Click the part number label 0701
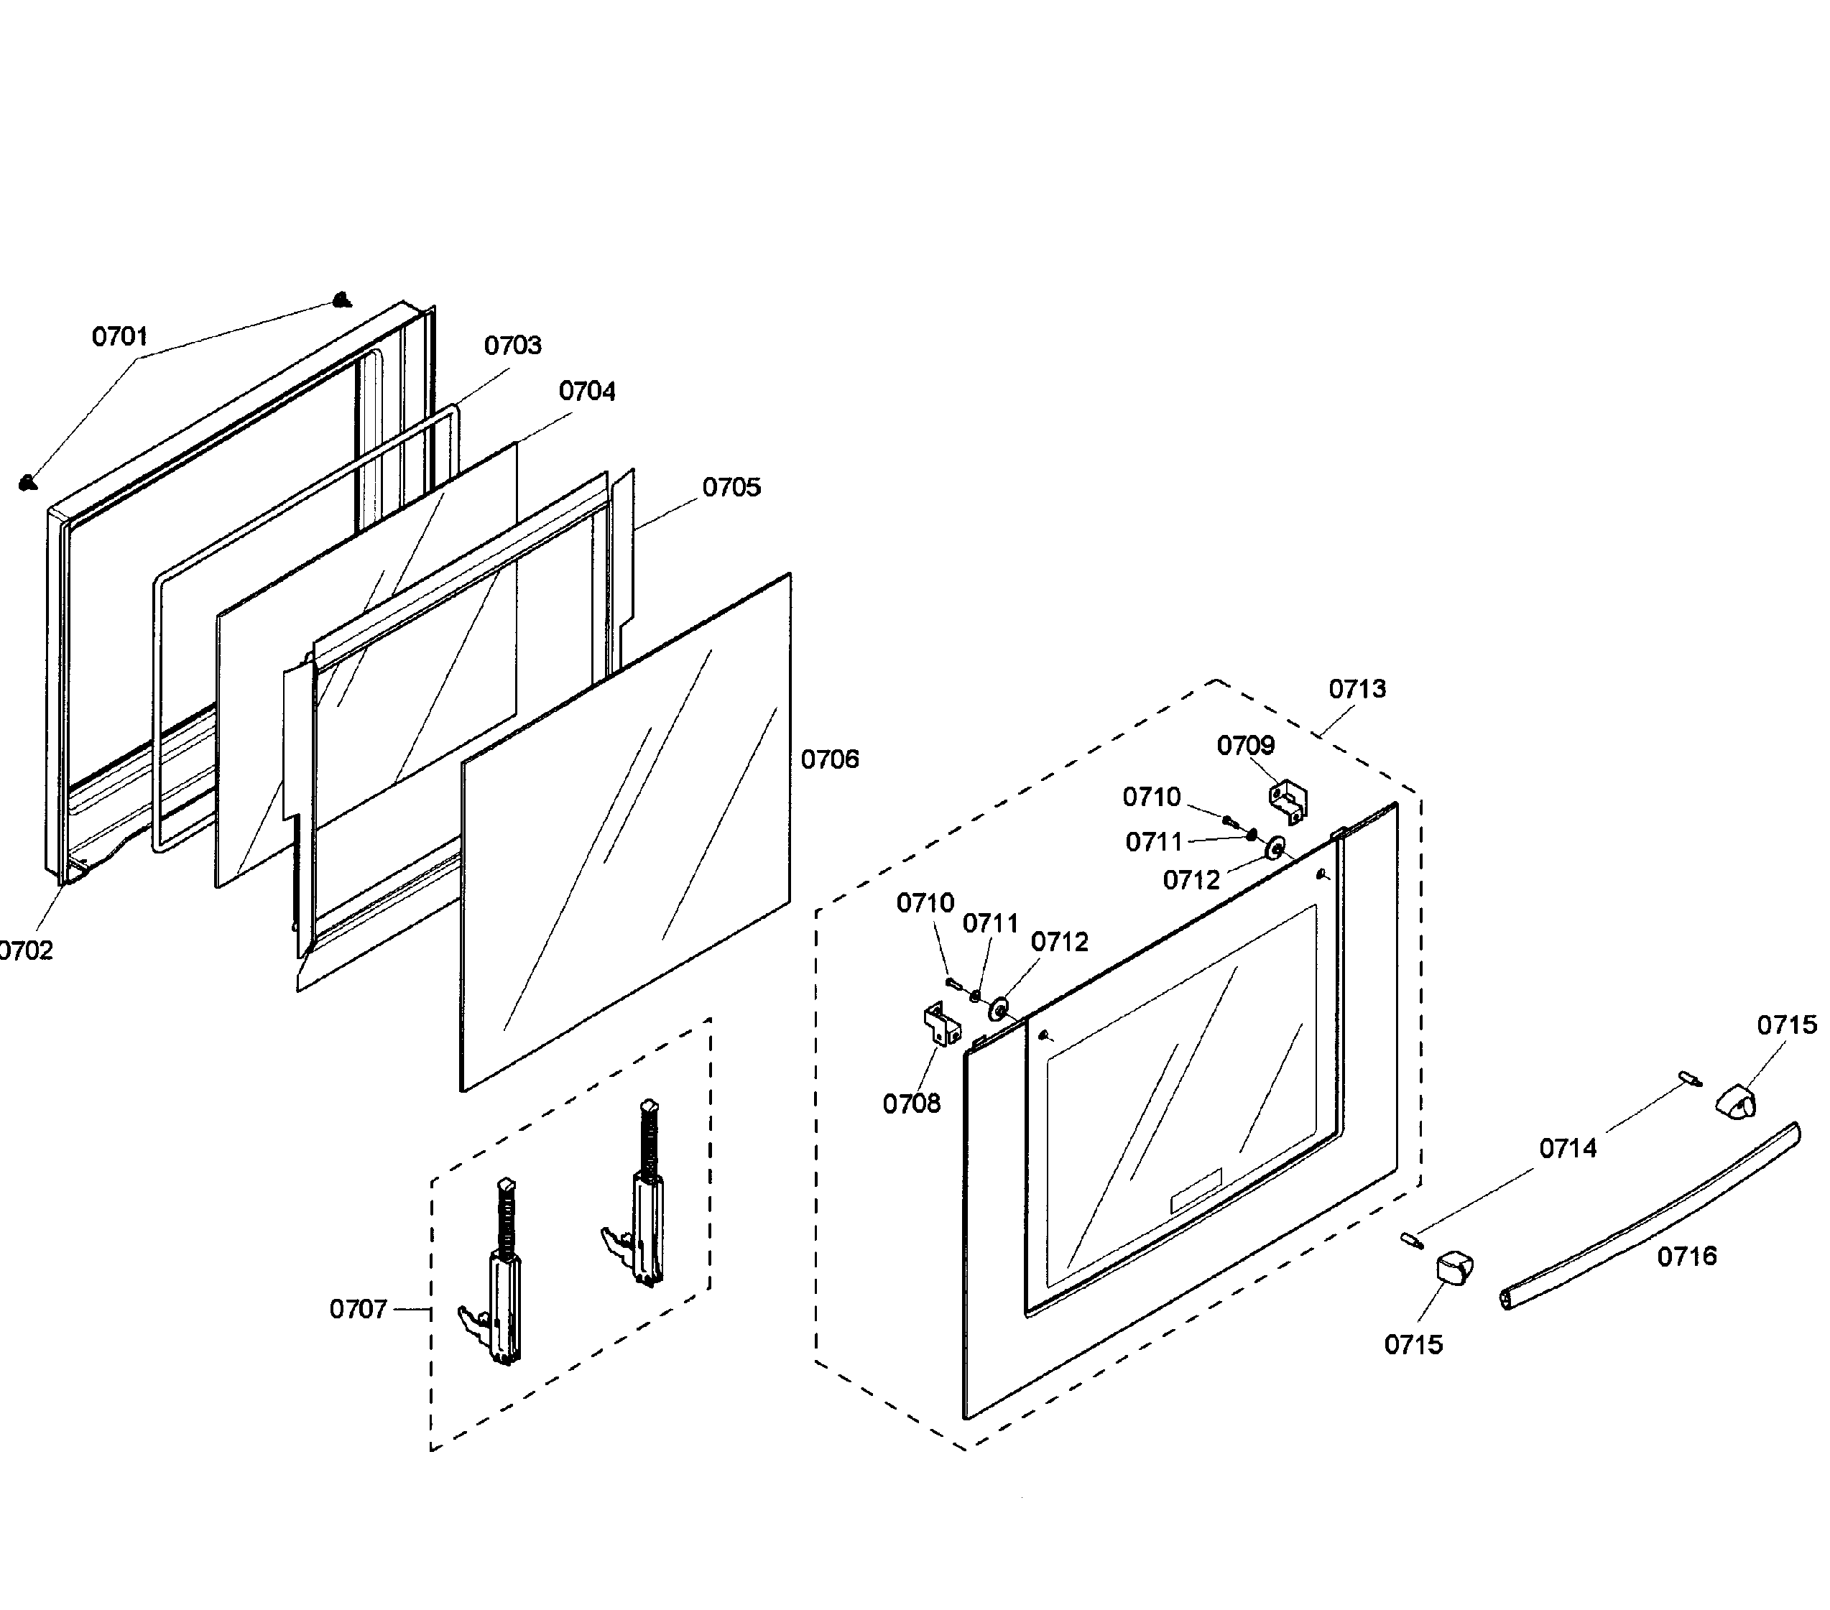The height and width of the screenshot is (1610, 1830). point(120,337)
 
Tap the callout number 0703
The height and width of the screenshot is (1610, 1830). point(513,346)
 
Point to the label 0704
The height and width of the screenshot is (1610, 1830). point(587,392)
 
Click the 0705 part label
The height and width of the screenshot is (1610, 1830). point(731,487)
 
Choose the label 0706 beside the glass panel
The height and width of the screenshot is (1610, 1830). point(830,759)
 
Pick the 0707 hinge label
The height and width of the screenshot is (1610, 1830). point(358,1309)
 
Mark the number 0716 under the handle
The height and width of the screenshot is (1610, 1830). point(1688,1257)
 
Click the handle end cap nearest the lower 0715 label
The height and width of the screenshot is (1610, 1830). point(1454,1268)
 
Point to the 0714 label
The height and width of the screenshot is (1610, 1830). point(1568,1148)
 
